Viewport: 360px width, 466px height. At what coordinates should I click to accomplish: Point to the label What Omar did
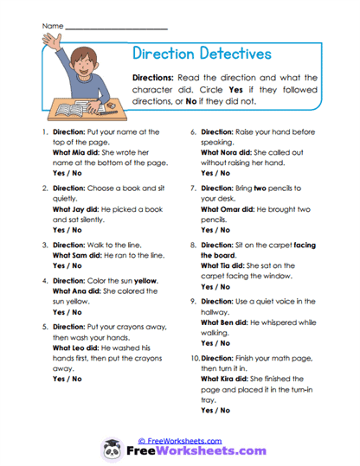tap(228, 208)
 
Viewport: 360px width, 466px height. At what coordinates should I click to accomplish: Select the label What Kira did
tap(228, 379)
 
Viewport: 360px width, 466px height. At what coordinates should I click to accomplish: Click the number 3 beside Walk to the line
tap(43, 245)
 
